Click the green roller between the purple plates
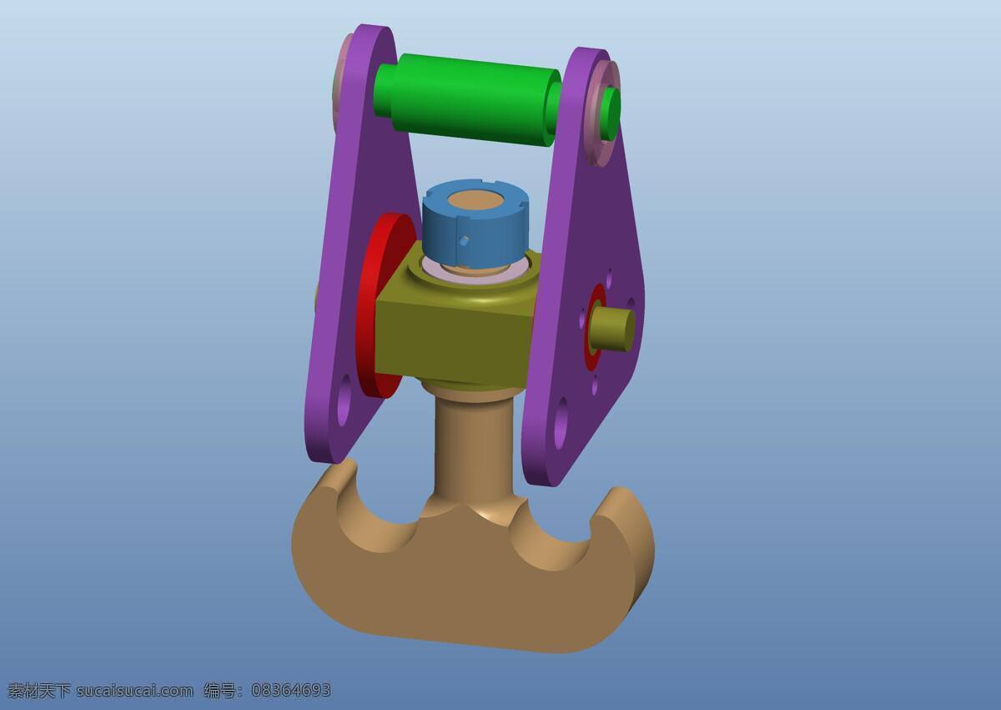point(467,100)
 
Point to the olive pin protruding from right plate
point(612,330)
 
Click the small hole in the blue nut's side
point(465,241)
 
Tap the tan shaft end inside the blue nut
point(475,201)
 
